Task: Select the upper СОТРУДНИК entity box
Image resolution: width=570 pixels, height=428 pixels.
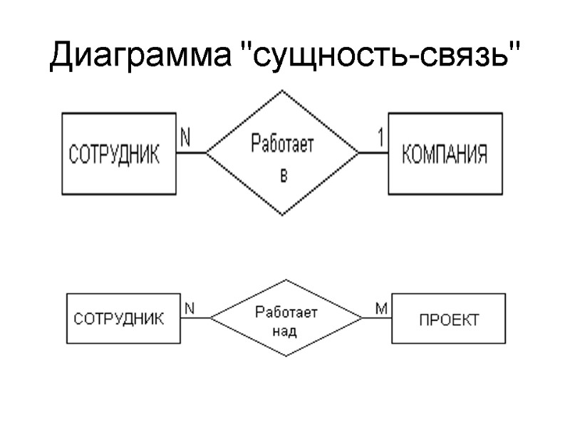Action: point(118,153)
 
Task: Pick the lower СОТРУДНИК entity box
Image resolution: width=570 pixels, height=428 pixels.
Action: point(120,318)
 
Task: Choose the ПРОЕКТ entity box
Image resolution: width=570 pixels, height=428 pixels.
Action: point(449,319)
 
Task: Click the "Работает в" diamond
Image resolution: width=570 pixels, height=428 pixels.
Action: point(283,153)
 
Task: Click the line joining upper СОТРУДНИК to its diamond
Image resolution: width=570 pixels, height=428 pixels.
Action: point(191,153)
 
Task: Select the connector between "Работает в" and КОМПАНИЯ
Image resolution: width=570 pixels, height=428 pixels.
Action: point(373,153)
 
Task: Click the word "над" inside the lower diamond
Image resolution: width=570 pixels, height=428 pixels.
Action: point(285,331)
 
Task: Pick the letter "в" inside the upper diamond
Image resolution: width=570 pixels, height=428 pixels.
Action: point(283,175)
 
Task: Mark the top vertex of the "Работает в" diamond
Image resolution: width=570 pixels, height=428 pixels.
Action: point(283,91)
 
